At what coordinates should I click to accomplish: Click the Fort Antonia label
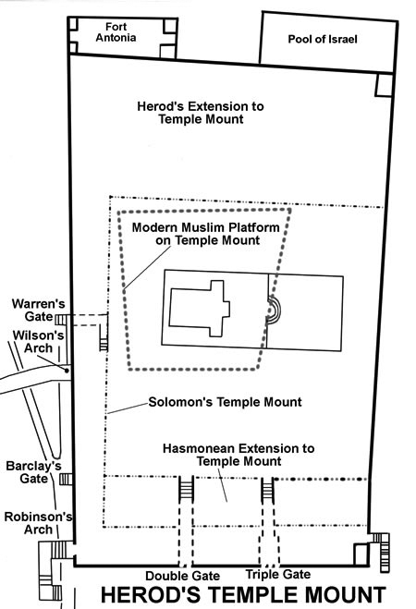tap(116, 32)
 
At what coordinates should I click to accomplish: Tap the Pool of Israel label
tap(323, 39)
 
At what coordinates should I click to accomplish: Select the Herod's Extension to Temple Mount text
tap(201, 113)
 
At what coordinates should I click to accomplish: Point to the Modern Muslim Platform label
tap(206, 234)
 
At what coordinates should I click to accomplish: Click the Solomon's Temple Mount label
tap(225, 402)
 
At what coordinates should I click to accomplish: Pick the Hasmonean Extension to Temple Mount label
tap(239, 455)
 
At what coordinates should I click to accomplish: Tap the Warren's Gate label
tap(38, 310)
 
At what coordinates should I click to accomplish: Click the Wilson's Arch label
tap(38, 342)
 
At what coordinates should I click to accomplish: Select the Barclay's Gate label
tap(33, 472)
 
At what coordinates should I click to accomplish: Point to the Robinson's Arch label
tap(38, 523)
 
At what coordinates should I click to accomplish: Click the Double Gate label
tap(182, 576)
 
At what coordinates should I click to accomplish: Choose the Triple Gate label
tap(278, 575)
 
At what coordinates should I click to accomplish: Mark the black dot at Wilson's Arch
tap(67, 371)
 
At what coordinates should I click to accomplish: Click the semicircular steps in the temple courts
tap(275, 310)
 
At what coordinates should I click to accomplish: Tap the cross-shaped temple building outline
tap(200, 309)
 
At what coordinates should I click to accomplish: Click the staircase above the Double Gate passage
tap(186, 489)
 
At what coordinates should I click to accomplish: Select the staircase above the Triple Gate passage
tap(267, 490)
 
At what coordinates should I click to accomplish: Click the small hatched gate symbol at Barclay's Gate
tap(66, 480)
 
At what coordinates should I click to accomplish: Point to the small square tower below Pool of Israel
tap(384, 85)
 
